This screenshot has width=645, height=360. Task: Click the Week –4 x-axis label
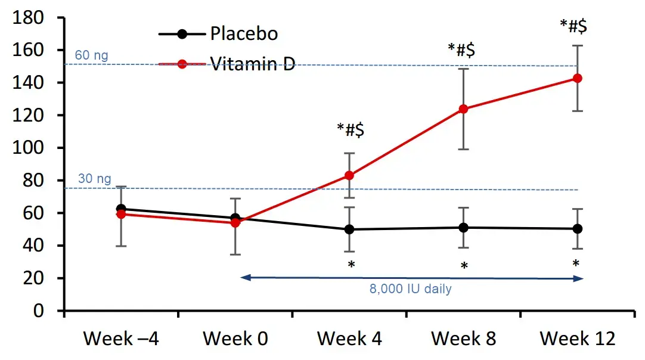point(121,339)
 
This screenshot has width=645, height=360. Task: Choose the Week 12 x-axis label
point(577,339)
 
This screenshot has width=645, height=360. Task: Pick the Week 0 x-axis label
point(235,339)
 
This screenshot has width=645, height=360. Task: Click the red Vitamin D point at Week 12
point(577,78)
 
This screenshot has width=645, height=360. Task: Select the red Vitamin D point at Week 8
point(463,109)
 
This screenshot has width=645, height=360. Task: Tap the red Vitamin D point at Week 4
point(349,175)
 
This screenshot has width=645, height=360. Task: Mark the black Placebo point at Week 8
point(463,227)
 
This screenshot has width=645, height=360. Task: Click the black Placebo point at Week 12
point(577,229)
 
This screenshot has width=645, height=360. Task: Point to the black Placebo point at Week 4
point(349,229)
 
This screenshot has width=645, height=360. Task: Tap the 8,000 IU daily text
point(410,290)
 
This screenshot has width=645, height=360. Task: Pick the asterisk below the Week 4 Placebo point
point(351,264)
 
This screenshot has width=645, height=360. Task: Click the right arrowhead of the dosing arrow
point(578,278)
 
